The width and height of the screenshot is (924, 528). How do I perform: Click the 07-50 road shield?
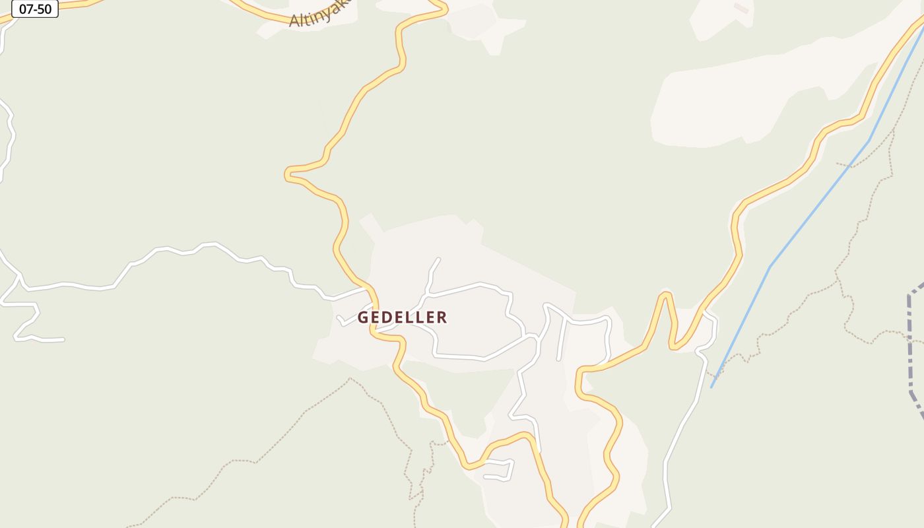click(35, 9)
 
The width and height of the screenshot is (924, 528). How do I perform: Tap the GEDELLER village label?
click(402, 317)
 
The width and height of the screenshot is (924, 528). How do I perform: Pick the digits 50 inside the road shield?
click(44, 9)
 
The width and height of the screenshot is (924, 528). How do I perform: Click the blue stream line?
click(818, 205)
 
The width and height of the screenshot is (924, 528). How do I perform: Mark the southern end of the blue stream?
click(711, 387)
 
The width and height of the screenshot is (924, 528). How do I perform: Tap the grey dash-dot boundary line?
click(911, 343)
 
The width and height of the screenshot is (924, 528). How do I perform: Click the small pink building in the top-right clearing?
click(741, 8)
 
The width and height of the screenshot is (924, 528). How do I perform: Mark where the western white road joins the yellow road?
click(366, 288)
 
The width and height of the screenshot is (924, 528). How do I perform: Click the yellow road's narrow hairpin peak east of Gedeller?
click(667, 294)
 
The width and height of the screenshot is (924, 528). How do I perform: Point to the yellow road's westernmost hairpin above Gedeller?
click(288, 174)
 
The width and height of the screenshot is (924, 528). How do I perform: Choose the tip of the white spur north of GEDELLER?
click(439, 259)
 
